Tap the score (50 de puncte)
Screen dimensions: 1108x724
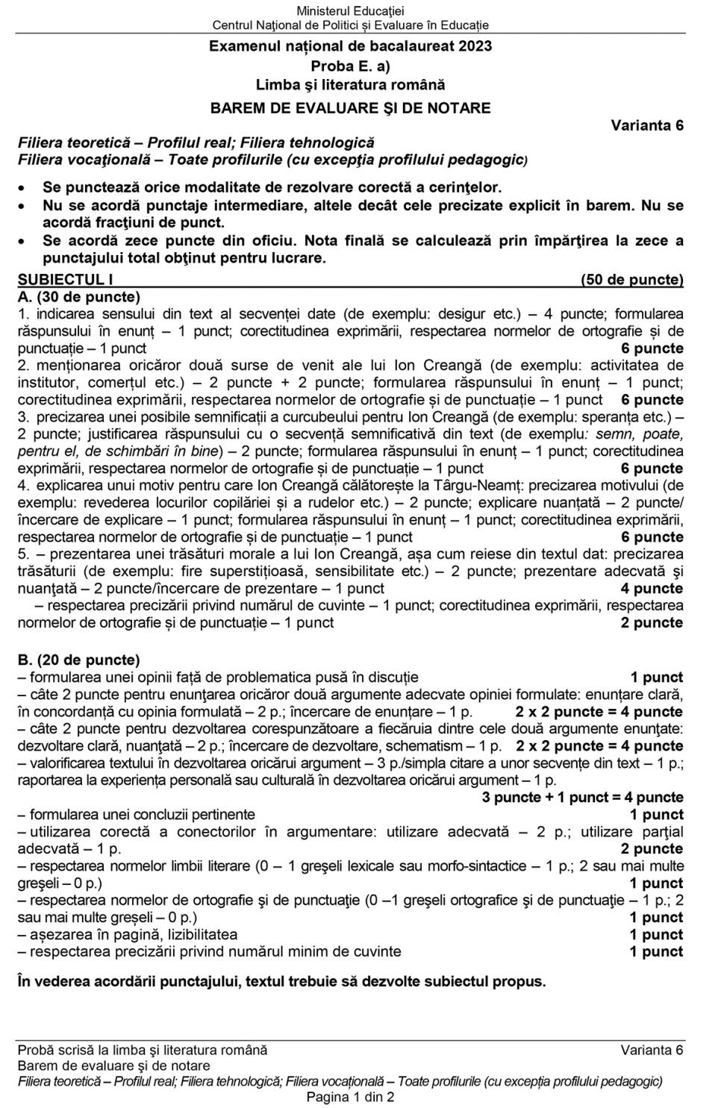point(631,280)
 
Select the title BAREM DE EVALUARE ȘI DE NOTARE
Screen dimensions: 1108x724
point(350,107)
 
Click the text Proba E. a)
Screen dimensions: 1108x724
point(350,66)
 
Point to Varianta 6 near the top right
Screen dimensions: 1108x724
point(646,125)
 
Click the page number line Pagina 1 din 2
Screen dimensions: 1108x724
point(350,1097)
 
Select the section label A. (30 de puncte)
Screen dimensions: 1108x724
point(78,296)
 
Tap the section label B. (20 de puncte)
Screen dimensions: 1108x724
point(78,660)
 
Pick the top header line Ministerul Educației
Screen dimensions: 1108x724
point(350,10)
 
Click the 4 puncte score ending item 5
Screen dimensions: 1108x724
point(652,589)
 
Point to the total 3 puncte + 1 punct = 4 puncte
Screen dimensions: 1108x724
point(582,798)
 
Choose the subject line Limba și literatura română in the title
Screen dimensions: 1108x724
point(350,85)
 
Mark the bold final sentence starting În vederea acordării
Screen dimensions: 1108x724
point(281,981)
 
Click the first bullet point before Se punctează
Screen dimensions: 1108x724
point(24,188)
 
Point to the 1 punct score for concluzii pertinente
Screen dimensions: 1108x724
point(656,815)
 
